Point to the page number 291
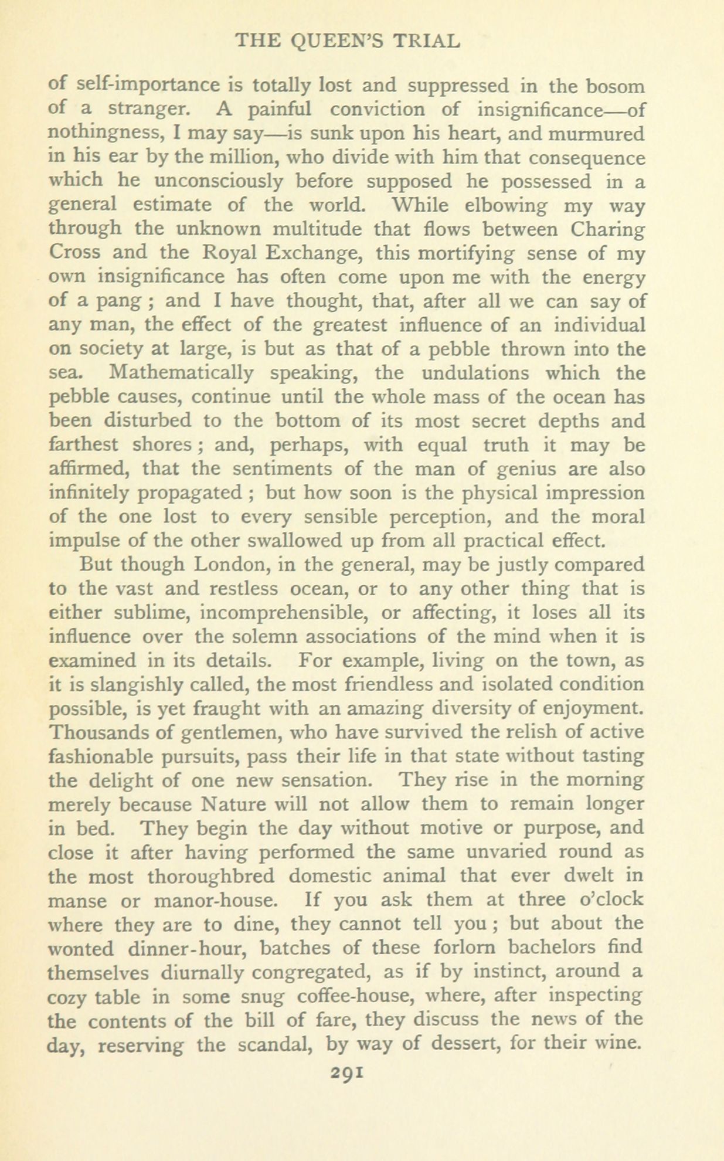(x=348, y=1072)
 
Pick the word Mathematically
(x=182, y=374)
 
